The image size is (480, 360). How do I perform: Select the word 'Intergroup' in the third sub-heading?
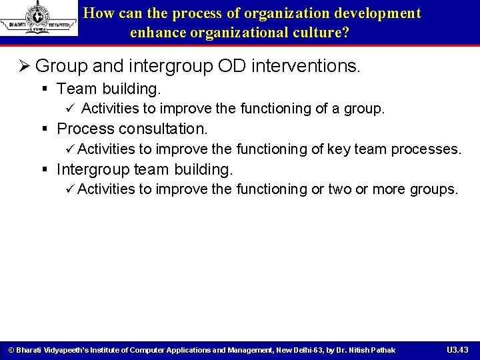[93, 169]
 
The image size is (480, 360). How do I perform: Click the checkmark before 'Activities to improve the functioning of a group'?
[70, 109]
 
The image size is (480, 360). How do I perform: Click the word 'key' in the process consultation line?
[338, 149]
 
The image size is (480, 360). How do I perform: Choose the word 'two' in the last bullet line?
[339, 189]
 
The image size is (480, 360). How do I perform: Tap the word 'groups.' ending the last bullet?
[433, 189]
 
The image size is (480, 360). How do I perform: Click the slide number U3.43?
[457, 350]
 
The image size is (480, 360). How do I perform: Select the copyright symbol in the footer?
[10, 350]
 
